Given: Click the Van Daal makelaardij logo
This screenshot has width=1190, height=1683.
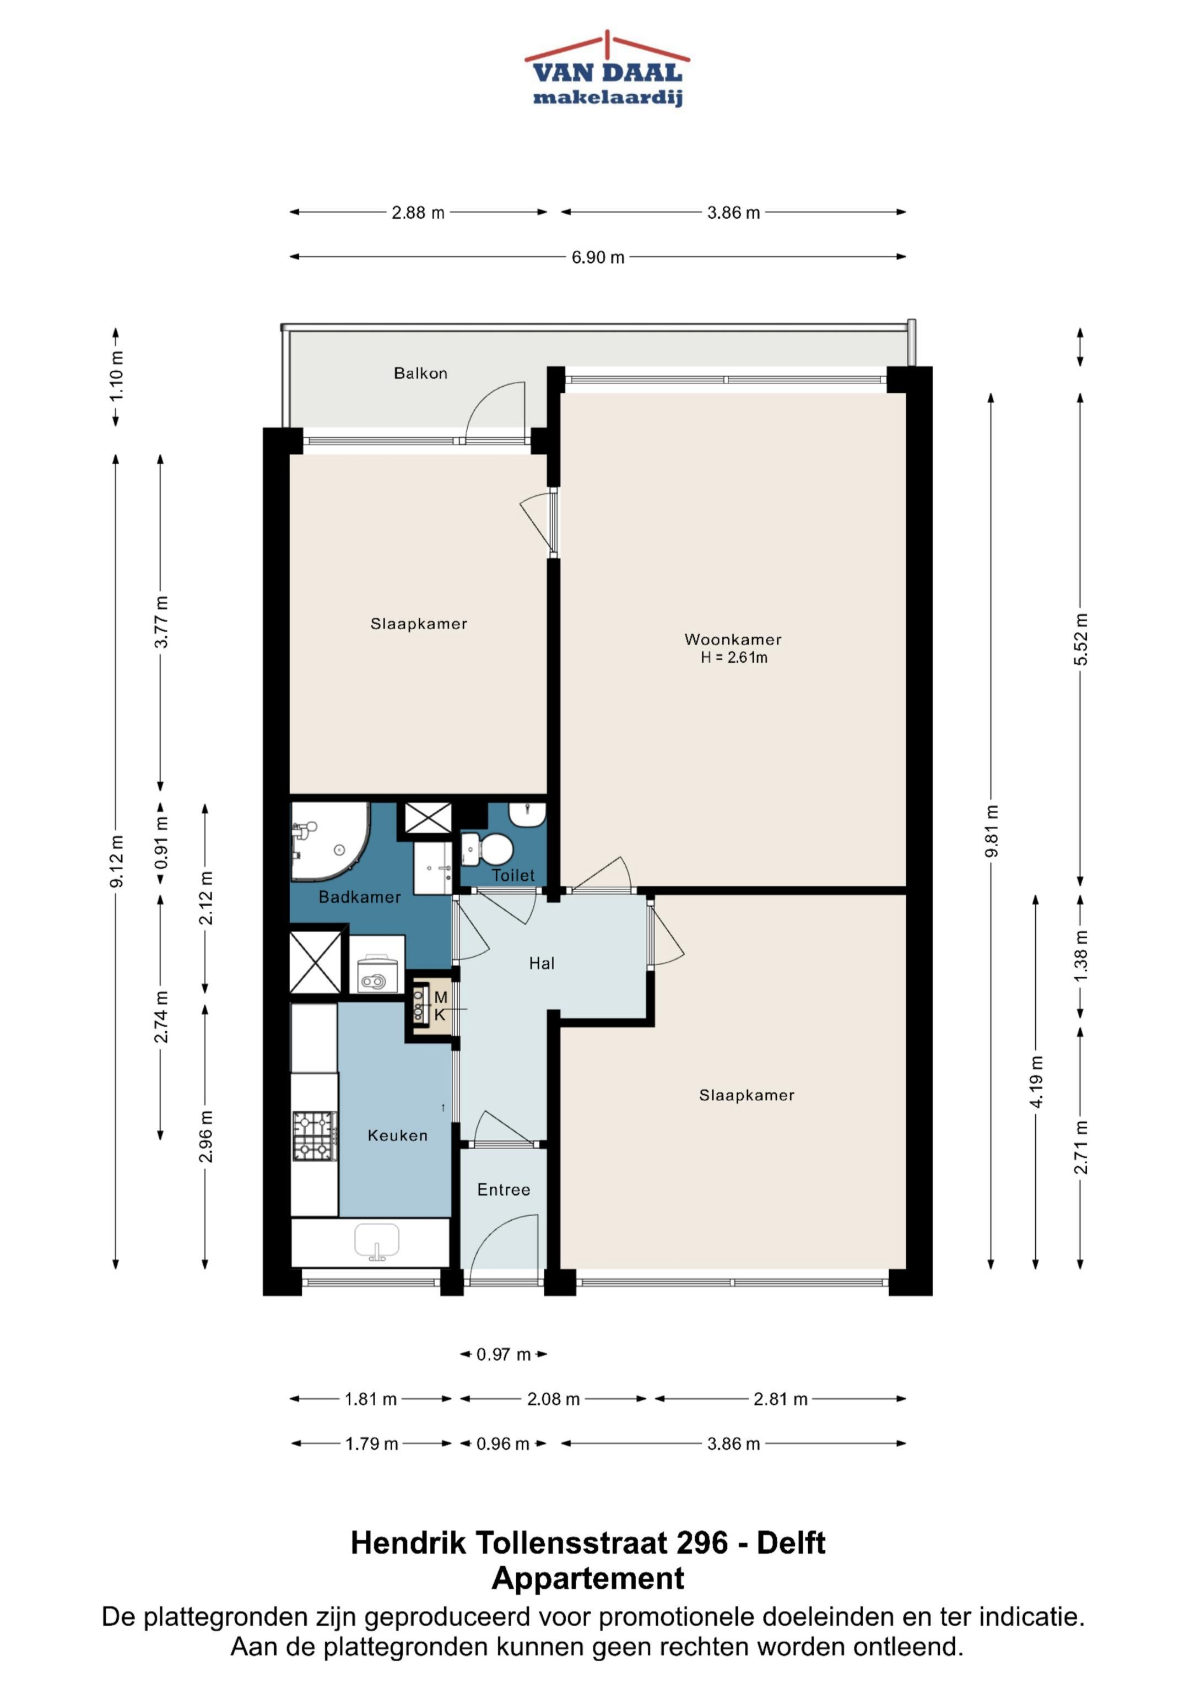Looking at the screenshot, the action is pos(607,69).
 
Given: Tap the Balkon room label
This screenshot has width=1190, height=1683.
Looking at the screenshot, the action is pos(420,373).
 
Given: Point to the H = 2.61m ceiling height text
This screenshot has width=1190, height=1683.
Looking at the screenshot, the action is pos(733,658).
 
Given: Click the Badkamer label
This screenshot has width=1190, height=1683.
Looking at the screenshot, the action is pos(359,897).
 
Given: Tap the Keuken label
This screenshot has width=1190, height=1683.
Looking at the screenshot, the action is pos(397,1135).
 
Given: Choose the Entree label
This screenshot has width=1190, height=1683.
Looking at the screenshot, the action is pos(504,1190).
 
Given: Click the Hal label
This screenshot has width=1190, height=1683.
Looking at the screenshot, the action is pos(542,963).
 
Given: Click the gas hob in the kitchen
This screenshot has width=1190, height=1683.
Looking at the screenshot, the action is pos(315,1136).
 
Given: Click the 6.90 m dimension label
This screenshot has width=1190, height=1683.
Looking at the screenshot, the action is pos(598,257).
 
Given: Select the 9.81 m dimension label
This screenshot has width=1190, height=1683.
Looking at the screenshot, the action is pos(991,831).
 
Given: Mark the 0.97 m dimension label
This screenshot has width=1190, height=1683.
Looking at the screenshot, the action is pos(503,1354).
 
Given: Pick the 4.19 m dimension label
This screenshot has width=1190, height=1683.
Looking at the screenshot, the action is pos(1036,1082).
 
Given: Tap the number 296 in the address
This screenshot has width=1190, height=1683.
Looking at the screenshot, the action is pos(702,1543).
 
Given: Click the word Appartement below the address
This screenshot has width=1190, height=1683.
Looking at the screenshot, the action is pos(588,1578).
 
